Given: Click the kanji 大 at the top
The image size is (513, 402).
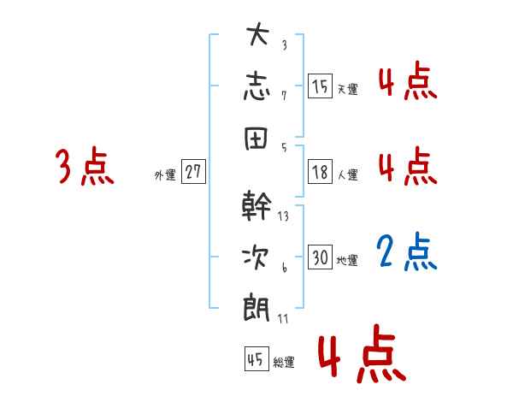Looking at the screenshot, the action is pyautogui.click(x=258, y=37).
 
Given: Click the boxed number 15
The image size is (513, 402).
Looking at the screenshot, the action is pyautogui.click(x=320, y=86).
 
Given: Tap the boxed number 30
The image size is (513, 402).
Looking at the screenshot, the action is pyautogui.click(x=320, y=257).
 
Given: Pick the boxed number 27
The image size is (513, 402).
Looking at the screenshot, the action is pyautogui.click(x=193, y=172).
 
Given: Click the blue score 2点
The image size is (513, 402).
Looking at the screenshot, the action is pyautogui.click(x=407, y=251).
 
